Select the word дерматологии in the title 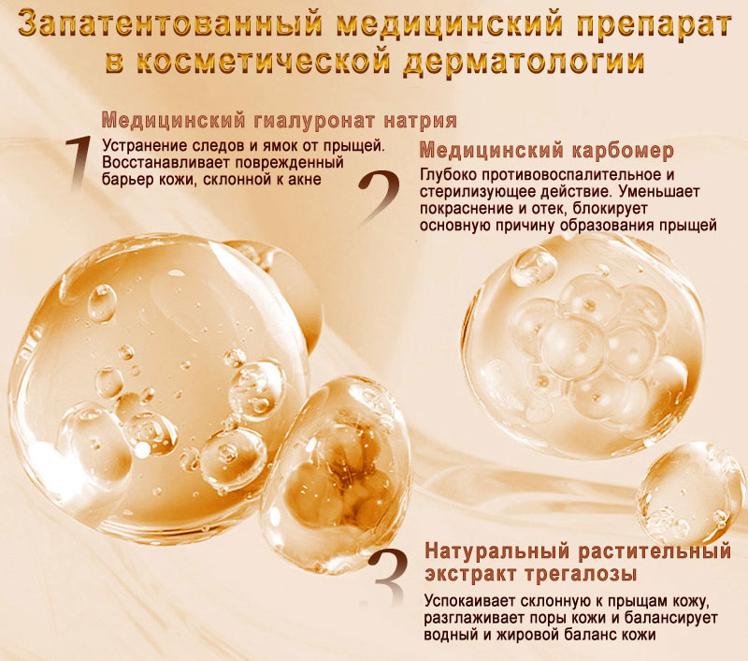[x=524, y=62]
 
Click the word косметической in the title [x=262, y=61]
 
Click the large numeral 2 [x=380, y=198]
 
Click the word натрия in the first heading [x=421, y=122]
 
